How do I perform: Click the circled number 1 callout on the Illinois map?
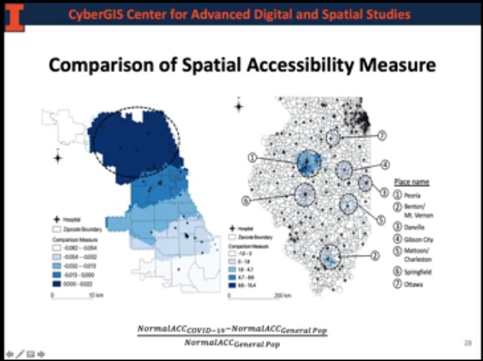[x=252, y=156]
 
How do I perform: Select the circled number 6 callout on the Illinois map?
[x=246, y=200]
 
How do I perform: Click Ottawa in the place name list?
[x=421, y=285]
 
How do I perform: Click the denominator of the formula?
[x=232, y=343]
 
